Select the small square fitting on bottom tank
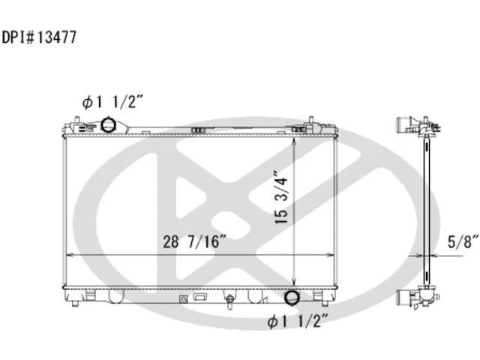click(x=183, y=298)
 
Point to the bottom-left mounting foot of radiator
click(x=76, y=299)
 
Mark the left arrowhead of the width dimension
click(x=70, y=256)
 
